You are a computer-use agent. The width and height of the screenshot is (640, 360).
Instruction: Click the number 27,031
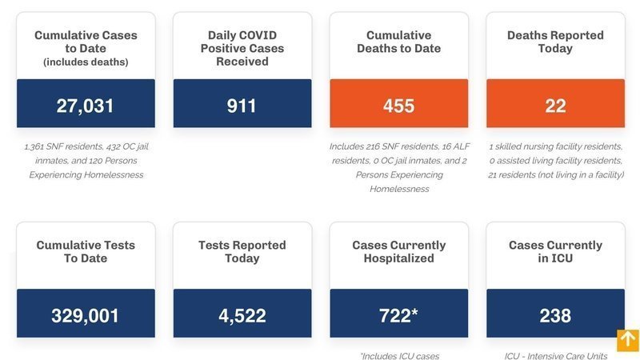tap(85, 105)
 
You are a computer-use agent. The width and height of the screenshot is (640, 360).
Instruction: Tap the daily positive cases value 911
tap(242, 105)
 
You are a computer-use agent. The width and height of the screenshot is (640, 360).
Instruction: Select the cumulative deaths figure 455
tap(398, 105)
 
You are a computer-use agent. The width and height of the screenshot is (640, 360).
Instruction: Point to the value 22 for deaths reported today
tap(555, 105)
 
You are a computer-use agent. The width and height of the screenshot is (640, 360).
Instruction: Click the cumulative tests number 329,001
tap(85, 315)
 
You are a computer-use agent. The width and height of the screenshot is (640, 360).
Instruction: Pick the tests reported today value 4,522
tap(242, 315)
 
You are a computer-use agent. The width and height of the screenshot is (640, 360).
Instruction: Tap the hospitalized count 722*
tap(398, 315)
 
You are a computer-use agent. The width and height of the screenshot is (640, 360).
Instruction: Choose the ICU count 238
tap(555, 315)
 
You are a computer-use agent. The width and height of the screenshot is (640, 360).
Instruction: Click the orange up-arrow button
tap(627, 340)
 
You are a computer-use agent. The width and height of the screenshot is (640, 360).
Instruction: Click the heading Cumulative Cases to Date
tap(86, 42)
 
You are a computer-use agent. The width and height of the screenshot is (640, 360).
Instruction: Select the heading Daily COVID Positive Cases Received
tap(242, 48)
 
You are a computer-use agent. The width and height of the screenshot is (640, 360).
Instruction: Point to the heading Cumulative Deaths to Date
tap(398, 42)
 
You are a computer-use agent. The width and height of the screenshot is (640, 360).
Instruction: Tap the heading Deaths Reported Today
tap(555, 42)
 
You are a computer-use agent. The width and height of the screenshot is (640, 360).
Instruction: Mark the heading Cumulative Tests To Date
tap(86, 251)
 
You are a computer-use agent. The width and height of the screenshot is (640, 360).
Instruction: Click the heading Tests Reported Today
tap(242, 251)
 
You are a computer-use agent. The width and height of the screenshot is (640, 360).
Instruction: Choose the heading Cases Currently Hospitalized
tap(398, 251)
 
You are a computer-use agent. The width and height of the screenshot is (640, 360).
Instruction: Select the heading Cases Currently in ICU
tap(555, 251)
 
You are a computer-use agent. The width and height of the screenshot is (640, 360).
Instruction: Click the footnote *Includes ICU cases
tap(399, 356)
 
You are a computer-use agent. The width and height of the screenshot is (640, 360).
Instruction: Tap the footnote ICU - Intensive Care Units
tap(555, 356)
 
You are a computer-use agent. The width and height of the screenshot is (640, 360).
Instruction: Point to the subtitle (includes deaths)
tap(86, 62)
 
